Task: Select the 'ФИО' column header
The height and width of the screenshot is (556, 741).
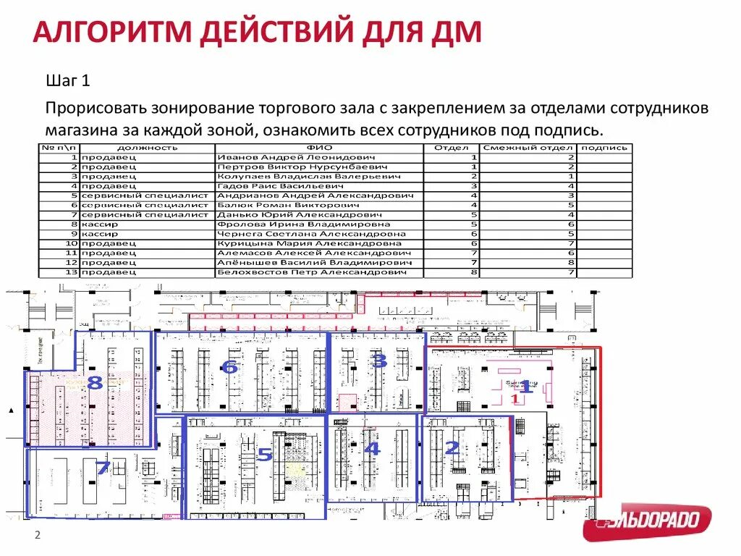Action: [318, 148]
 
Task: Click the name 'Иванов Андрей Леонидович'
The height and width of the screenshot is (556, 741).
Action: [296, 157]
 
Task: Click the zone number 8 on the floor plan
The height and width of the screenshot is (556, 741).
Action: [94, 383]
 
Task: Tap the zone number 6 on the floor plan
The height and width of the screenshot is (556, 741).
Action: [229, 367]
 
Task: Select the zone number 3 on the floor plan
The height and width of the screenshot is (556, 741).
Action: [378, 360]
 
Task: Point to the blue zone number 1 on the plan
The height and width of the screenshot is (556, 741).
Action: [526, 387]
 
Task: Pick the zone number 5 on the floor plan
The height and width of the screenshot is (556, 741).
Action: [265, 455]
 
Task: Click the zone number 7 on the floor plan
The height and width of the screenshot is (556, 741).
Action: [102, 468]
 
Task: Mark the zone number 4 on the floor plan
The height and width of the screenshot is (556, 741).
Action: [371, 450]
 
